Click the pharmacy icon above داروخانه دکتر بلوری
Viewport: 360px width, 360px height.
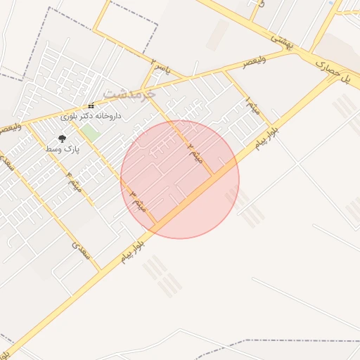click(91, 106)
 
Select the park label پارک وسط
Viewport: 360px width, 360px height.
click(63, 149)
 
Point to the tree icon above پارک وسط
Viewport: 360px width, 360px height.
click(62, 139)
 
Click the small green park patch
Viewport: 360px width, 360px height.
click(89, 132)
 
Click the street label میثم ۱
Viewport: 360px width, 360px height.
click(252, 105)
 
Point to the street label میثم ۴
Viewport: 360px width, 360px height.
click(74, 181)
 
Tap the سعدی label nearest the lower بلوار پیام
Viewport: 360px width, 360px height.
click(82, 250)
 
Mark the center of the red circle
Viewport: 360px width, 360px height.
click(180, 179)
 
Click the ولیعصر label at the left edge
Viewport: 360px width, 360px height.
click(10, 129)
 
